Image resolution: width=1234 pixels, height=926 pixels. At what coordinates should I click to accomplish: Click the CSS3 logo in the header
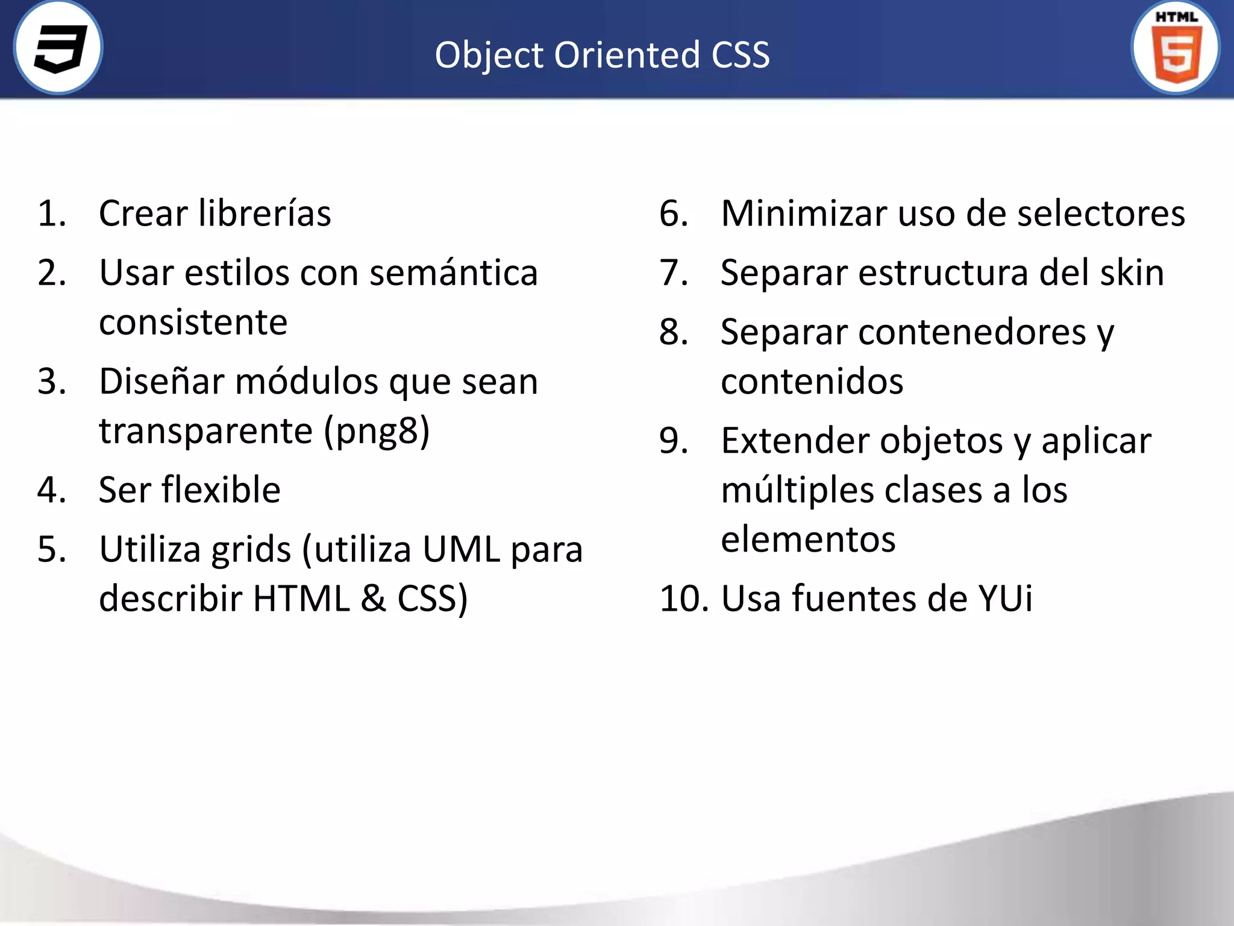58,48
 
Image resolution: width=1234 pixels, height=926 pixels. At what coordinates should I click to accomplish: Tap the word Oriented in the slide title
627,55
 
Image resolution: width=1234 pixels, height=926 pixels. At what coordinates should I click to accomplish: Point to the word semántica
453,273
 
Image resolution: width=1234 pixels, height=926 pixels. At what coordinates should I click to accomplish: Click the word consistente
193,323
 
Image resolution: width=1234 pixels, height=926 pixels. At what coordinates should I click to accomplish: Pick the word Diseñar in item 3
161,382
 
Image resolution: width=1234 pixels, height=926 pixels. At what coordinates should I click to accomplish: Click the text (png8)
377,432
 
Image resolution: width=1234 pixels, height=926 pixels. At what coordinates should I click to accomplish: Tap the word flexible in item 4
221,490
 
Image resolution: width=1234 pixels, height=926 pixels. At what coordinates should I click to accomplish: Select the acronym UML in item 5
461,549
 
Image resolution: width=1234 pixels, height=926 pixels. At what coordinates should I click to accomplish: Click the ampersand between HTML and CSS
374,599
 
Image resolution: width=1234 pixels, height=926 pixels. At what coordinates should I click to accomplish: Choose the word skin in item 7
1132,273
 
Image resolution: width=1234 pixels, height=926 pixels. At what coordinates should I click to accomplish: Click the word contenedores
972,332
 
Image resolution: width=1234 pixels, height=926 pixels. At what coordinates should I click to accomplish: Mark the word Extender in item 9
795,441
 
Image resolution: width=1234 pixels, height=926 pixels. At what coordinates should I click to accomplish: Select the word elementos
807,539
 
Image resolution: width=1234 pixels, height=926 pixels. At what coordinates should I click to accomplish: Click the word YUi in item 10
1005,599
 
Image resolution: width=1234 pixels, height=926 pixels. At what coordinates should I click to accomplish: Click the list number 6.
673,213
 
